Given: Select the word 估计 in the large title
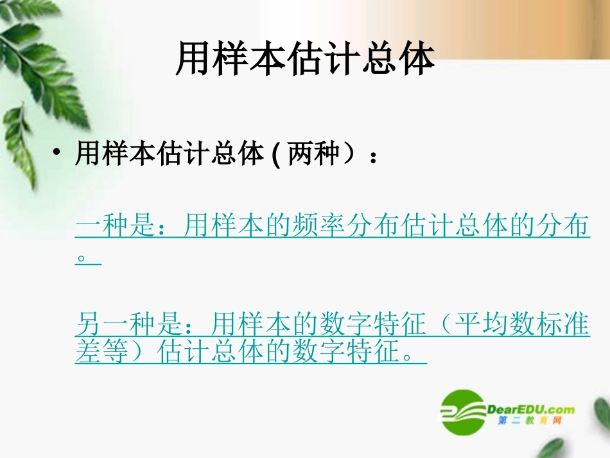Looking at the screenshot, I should (x=306, y=59).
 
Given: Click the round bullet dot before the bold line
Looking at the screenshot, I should (x=58, y=155).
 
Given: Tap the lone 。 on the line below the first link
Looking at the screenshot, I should (x=82, y=258).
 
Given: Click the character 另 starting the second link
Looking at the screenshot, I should (x=87, y=325).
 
